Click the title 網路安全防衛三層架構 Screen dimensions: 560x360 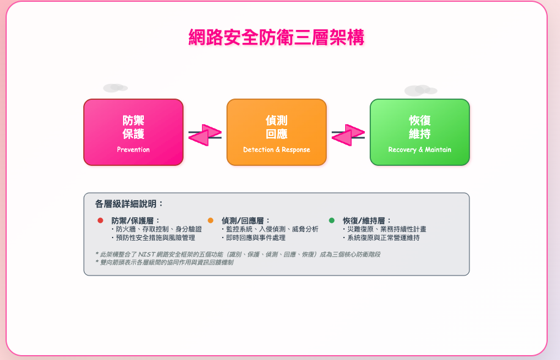(x=276, y=37)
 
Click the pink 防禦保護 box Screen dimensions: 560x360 (x=133, y=132)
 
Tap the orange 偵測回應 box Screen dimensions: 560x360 (x=277, y=132)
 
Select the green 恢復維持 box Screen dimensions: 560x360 (x=420, y=132)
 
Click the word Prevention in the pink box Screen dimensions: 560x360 (x=133, y=149)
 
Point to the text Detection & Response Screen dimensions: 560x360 (x=277, y=149)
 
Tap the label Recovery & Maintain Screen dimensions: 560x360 (x=420, y=149)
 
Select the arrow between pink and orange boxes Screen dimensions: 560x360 (x=205, y=135)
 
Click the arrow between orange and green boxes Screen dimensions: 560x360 (x=348, y=135)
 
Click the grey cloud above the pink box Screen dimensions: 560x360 (x=115, y=88)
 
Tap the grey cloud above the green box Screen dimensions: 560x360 (x=420, y=90)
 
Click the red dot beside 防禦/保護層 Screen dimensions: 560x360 (x=100, y=220)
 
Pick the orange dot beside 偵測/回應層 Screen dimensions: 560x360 (x=211, y=220)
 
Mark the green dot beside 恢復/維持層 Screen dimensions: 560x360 (x=332, y=220)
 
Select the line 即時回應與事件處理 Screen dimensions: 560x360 (x=253, y=238)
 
